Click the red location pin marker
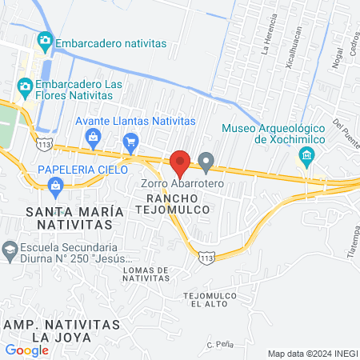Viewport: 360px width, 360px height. [x=180, y=163]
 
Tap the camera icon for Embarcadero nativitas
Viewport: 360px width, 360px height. [x=45, y=39]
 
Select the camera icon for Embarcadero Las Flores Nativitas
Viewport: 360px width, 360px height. [x=26, y=86]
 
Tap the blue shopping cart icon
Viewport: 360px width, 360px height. [x=130, y=144]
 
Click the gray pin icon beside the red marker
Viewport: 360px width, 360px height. [x=206, y=164]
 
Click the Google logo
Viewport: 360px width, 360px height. [x=26, y=350]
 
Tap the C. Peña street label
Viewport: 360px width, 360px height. [x=219, y=344]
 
